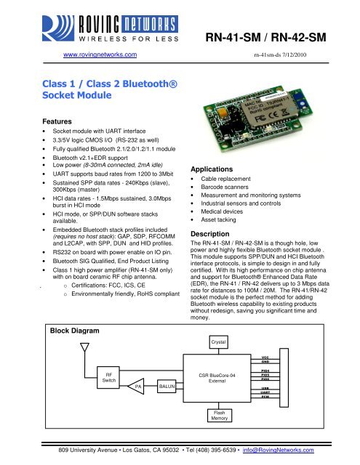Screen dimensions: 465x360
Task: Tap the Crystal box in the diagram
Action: tap(219, 341)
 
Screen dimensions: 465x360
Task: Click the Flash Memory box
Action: tap(219, 414)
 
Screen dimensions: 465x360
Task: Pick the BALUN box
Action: tap(167, 388)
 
